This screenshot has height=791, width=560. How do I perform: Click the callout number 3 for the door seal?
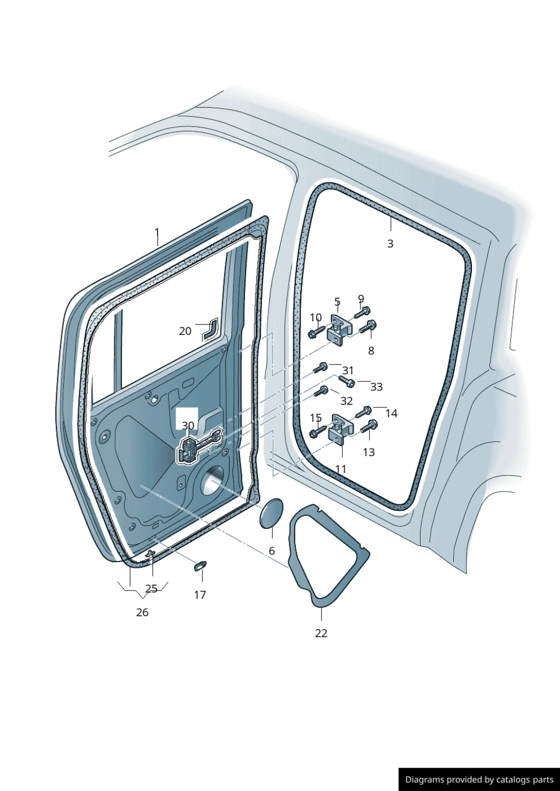pyautogui.click(x=390, y=244)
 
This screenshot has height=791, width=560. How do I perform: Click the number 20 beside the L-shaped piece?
pyautogui.click(x=185, y=331)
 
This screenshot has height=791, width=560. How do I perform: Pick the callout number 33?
pyautogui.click(x=376, y=387)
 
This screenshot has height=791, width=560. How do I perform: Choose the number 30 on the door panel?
pyautogui.click(x=188, y=426)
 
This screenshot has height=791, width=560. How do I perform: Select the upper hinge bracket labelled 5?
pyautogui.click(x=339, y=330)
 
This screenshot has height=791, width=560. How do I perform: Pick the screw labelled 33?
pyautogui.click(x=347, y=381)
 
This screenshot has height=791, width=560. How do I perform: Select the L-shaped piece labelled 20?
pyautogui.click(x=211, y=329)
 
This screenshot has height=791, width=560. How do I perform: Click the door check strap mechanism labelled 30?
pyautogui.click(x=198, y=447)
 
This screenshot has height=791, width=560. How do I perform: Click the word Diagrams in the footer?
pyautogui.click(x=420, y=780)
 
